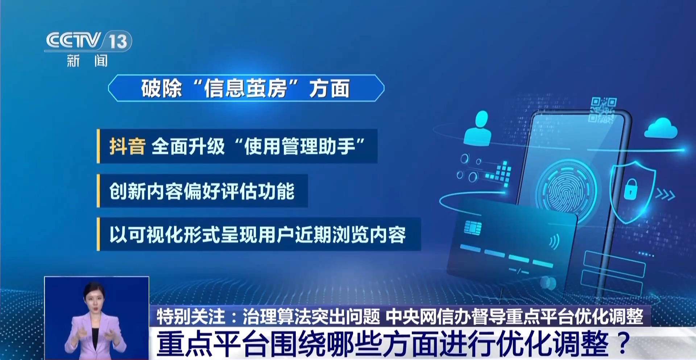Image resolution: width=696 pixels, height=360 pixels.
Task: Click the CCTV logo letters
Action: click(73, 40)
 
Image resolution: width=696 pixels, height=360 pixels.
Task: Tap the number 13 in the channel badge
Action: click(118, 41)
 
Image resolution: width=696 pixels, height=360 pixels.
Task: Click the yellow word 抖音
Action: click(127, 146)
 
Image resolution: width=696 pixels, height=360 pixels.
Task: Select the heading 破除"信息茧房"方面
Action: click(245, 88)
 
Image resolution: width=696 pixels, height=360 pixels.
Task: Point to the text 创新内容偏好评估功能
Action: click(202, 191)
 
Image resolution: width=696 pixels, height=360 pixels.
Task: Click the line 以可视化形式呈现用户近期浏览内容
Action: click(258, 235)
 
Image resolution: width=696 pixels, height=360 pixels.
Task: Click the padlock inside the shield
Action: click(630, 189)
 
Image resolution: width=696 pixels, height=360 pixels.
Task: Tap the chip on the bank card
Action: click(473, 228)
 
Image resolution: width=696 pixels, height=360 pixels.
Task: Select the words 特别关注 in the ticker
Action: click(191, 316)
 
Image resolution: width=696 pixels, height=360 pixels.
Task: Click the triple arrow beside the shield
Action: click(665, 195)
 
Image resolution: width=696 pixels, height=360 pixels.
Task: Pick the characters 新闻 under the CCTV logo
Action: click(87, 61)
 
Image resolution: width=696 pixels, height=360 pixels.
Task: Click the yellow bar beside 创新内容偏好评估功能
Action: click(98, 191)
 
